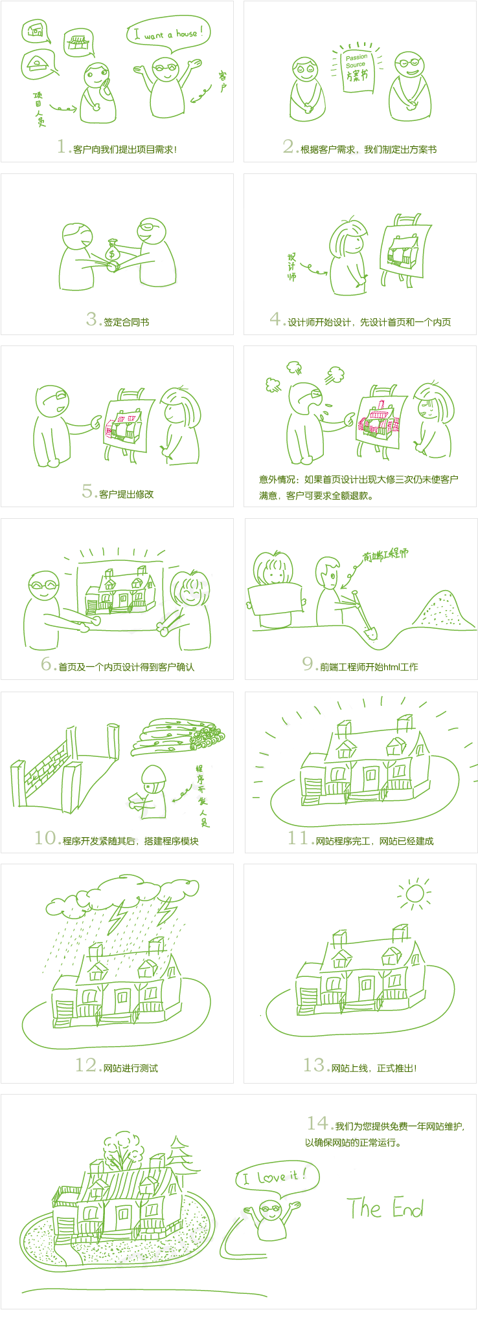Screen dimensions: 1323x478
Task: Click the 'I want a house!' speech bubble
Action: (168, 32)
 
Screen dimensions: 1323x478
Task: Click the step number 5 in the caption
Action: (88, 492)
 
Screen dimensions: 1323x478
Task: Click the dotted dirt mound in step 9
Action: (443, 611)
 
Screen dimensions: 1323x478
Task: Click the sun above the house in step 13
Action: (415, 894)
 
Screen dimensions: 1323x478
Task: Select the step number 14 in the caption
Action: (319, 1123)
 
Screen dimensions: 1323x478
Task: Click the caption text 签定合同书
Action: (126, 322)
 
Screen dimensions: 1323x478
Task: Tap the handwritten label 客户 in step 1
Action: (222, 82)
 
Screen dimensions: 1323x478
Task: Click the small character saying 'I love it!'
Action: (271, 1219)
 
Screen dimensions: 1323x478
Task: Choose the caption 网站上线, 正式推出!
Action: (374, 1068)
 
